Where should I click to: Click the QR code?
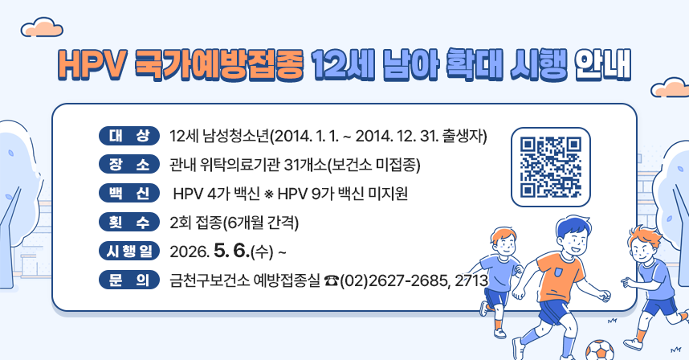(x=550, y=167)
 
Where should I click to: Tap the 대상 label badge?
(x=128, y=134)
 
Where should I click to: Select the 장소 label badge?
(x=128, y=164)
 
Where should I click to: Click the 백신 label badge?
(x=128, y=193)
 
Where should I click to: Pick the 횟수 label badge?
(x=128, y=222)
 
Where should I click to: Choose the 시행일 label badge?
(x=128, y=252)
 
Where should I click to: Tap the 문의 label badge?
(x=128, y=280)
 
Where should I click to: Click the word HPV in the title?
(x=88, y=65)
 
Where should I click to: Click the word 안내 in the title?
(x=602, y=65)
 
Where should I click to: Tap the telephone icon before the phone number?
(x=332, y=280)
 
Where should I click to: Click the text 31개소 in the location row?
(x=306, y=165)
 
